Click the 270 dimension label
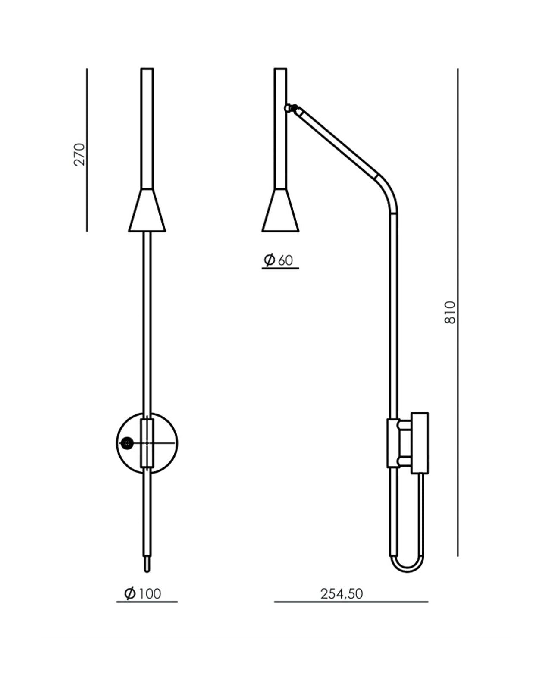79,154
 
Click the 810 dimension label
450,312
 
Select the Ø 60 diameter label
278,260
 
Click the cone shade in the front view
147,210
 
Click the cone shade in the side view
280,210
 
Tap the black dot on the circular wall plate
127,443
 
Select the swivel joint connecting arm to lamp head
291,108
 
